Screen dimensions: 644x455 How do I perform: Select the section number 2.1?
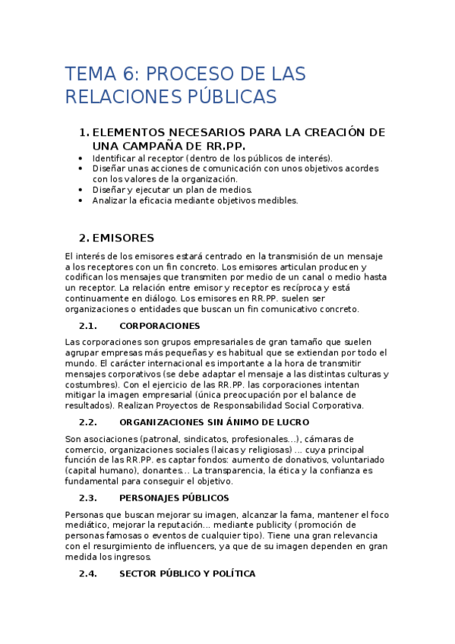pos(88,326)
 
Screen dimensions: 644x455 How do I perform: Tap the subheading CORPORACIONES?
pos(160,326)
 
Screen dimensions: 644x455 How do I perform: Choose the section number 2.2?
pos(88,422)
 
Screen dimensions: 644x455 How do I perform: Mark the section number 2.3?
pos(88,498)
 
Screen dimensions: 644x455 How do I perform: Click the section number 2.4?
pos(88,573)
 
